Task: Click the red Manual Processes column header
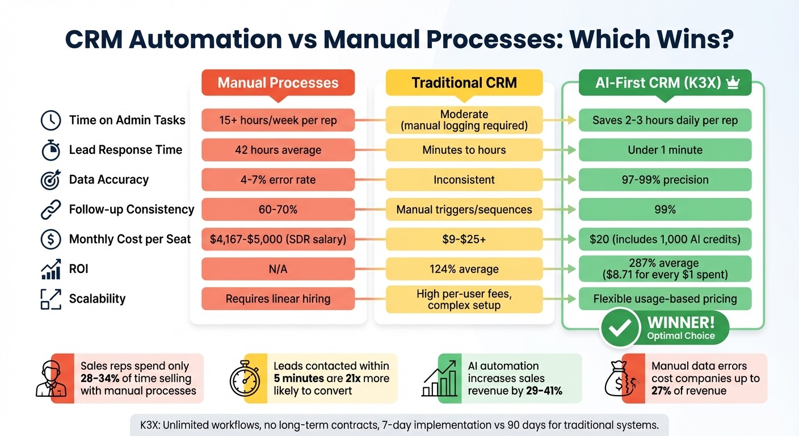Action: [x=277, y=82]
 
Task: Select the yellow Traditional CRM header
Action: [x=464, y=82]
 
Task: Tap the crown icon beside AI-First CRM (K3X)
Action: [x=733, y=83]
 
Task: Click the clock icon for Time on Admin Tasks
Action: [x=51, y=120]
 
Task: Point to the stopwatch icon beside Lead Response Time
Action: [x=51, y=150]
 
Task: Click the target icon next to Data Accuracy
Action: [x=51, y=180]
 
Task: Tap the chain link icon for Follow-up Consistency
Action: [x=51, y=209]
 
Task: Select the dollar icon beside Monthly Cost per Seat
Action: [x=51, y=240]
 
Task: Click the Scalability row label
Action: [x=97, y=299]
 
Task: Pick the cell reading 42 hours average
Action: [x=277, y=150]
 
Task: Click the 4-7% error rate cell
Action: [x=277, y=180]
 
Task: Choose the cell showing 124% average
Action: [x=464, y=269]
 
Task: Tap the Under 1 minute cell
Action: [x=665, y=150]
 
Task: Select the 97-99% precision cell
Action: [x=665, y=180]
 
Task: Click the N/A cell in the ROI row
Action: [x=277, y=269]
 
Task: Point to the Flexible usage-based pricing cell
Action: [x=665, y=299]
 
